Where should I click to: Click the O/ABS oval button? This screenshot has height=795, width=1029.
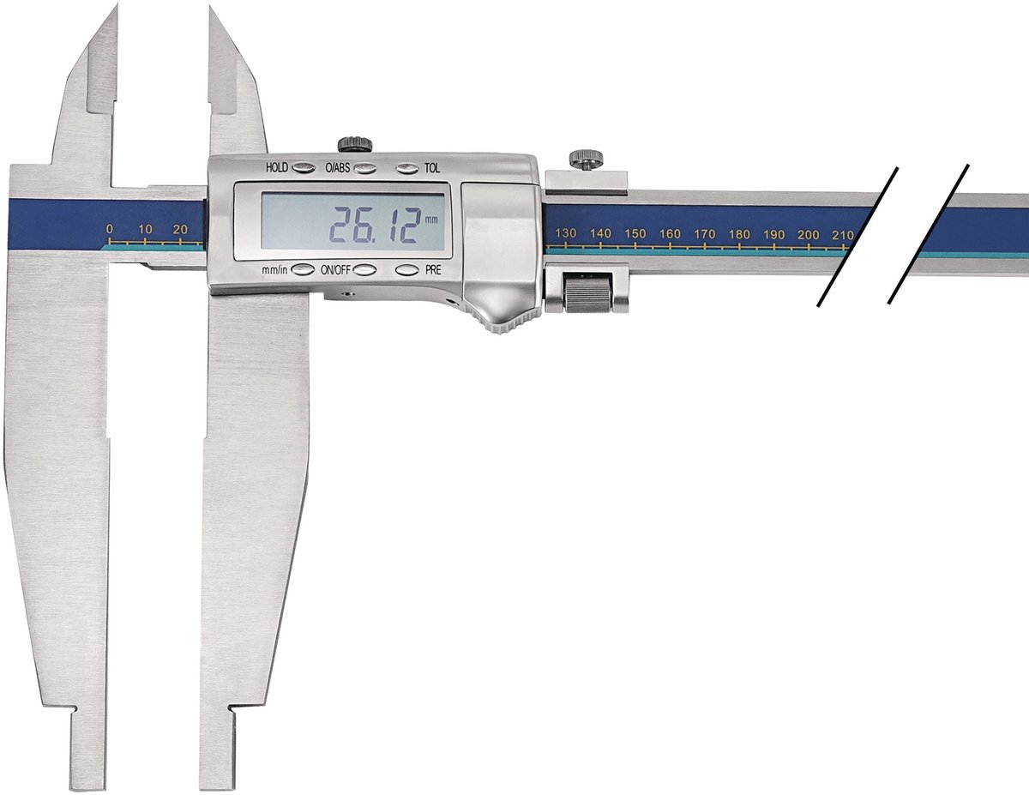tap(365, 167)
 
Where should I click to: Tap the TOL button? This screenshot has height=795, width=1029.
tap(407, 168)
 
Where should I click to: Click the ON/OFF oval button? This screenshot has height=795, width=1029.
tap(364, 270)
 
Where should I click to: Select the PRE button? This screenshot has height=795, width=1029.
tap(407, 270)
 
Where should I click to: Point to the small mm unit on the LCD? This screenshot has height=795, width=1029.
tap(431, 220)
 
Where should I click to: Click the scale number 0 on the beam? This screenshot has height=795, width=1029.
tap(110, 229)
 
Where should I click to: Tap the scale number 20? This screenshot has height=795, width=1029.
tap(180, 229)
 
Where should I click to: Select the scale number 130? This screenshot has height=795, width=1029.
tap(565, 233)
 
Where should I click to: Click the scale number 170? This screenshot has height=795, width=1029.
tap(705, 234)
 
